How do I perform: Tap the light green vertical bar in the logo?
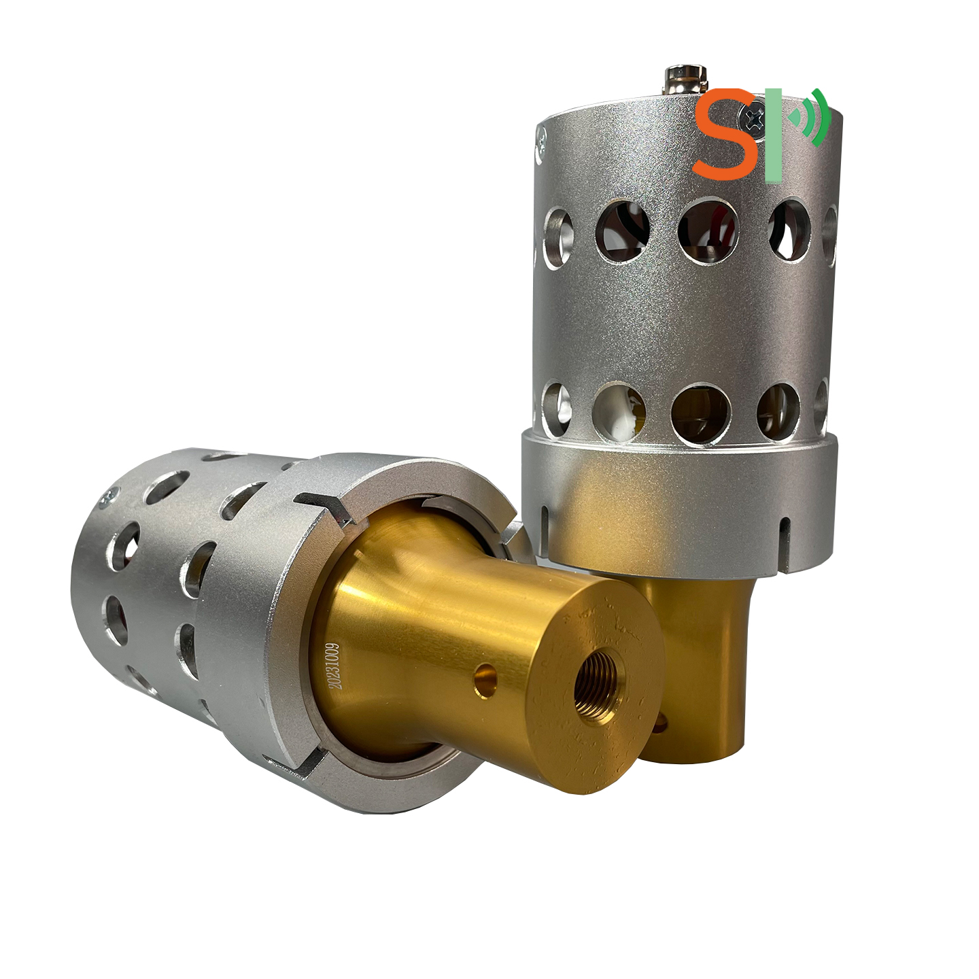pyautogui.click(x=772, y=133)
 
